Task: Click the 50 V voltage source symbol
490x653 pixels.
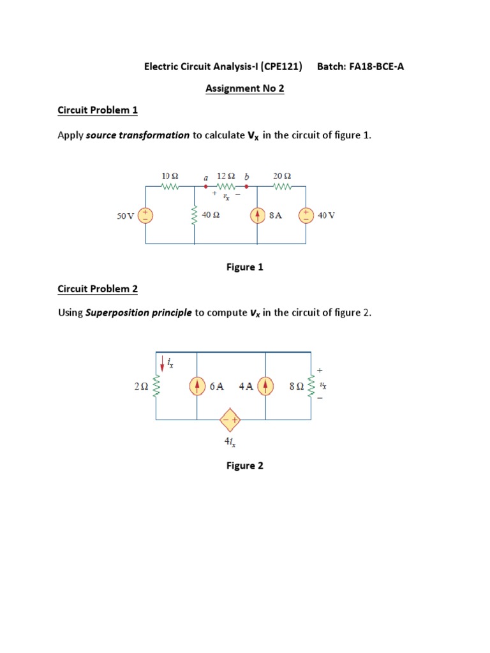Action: [x=146, y=215]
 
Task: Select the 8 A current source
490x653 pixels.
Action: [x=257, y=215]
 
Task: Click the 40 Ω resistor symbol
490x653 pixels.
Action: [x=194, y=216]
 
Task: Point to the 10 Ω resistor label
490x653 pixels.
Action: [x=170, y=175]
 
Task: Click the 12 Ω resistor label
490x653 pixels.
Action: [x=226, y=175]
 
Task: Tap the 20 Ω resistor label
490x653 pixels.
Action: [x=282, y=175]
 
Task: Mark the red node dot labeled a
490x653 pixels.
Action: [x=205, y=187]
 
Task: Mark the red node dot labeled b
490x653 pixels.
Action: [x=247, y=187]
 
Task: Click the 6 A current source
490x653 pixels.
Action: [x=197, y=386]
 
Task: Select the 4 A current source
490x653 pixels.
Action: [x=265, y=386]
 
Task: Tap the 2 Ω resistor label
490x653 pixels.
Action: [x=141, y=386]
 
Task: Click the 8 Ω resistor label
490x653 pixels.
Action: [x=297, y=386]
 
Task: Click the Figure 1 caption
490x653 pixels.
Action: [x=245, y=267]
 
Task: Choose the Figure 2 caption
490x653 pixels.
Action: [x=245, y=466]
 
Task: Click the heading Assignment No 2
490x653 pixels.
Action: [x=244, y=89]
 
